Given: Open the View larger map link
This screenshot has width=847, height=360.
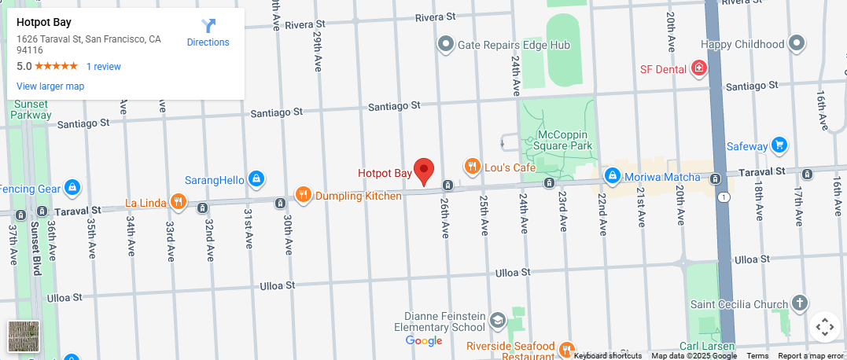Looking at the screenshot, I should point(50,86).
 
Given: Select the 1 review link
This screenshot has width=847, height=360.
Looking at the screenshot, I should point(104,67).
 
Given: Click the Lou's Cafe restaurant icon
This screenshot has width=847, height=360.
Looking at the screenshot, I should point(472,167).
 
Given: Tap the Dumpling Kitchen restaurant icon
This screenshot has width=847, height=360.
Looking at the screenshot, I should point(304,195).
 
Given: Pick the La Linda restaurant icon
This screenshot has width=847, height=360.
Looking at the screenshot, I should point(179,202).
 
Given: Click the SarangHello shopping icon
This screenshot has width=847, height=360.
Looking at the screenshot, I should point(256,179).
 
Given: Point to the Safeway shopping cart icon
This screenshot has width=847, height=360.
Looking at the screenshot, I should point(779,145).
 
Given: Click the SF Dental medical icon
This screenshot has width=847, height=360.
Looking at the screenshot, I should point(697,69).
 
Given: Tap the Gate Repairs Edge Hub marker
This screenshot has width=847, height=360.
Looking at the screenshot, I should point(446,44).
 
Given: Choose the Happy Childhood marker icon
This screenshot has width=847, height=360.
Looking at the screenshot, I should point(797,44).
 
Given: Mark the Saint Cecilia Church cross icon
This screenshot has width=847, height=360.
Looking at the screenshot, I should point(799,303).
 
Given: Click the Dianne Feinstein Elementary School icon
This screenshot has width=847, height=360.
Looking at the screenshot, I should point(497,320).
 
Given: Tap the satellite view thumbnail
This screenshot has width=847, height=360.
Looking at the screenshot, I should point(24,336).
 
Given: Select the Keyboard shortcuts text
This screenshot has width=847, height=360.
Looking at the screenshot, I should point(608,356).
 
